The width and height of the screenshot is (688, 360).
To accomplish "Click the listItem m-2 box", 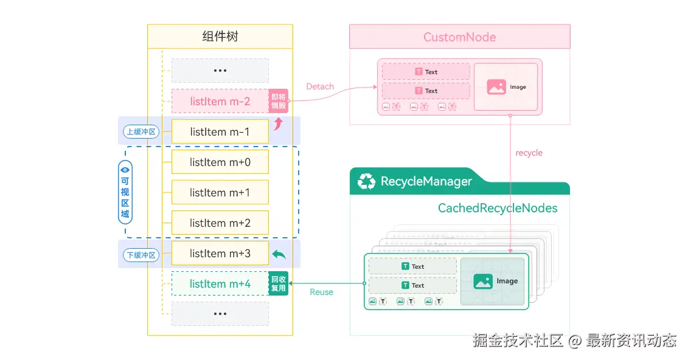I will click(x=220, y=101).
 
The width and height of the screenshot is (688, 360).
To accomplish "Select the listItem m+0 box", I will click(x=220, y=162).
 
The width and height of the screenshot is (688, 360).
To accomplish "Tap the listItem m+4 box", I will click(x=220, y=283).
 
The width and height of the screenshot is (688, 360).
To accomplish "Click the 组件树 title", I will click(x=220, y=36).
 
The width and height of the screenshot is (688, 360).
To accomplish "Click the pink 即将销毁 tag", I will click(x=278, y=101).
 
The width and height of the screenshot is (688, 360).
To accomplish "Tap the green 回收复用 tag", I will click(x=278, y=283).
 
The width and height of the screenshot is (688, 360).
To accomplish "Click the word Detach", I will click(x=320, y=86).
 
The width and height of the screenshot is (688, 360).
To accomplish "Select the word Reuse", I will click(x=321, y=292).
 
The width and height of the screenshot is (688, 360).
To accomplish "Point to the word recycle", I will click(x=529, y=153).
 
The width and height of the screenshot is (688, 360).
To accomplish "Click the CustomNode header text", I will click(x=459, y=37).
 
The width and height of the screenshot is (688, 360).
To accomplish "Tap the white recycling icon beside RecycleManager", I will click(x=367, y=181).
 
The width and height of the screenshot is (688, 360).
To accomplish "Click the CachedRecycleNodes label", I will click(x=498, y=208).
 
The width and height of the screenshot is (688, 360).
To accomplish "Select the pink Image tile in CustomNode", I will click(x=507, y=87).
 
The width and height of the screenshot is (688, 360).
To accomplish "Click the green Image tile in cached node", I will click(x=492, y=281).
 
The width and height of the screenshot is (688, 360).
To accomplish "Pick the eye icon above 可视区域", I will click(x=125, y=170).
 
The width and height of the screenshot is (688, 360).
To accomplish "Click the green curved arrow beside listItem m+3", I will click(x=279, y=254).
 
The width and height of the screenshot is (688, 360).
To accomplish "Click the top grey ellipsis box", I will click(x=220, y=71).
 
